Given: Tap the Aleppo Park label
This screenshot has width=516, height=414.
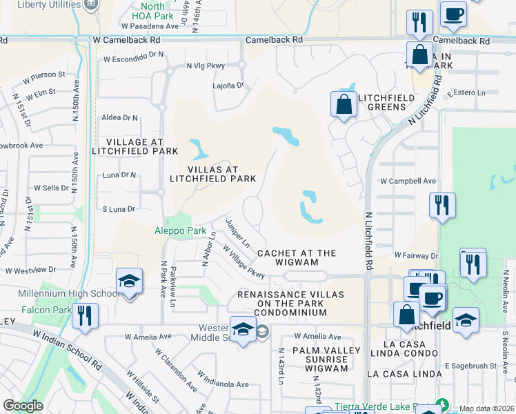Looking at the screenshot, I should pyautogui.click(x=180, y=230).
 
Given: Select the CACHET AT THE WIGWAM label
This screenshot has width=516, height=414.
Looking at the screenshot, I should pyautogui.click(x=297, y=257).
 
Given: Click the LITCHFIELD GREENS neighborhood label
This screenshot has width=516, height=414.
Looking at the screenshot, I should pyautogui.click(x=386, y=102).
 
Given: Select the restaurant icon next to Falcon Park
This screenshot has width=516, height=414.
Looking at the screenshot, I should pyautogui.click(x=86, y=315).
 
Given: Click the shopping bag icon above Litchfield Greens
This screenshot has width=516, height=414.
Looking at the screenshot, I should pyautogui.click(x=344, y=104).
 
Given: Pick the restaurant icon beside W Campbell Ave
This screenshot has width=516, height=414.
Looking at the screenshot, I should pyautogui.click(x=442, y=205).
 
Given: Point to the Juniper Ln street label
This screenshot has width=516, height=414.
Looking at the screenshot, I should pyautogui.click(x=238, y=233).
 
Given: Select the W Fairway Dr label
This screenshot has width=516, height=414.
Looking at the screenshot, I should pyautogui.click(x=417, y=255).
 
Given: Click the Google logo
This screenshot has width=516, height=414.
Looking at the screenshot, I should pyautogui.click(x=23, y=406).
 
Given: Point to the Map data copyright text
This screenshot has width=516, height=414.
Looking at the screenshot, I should pyautogui.click(x=486, y=408).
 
